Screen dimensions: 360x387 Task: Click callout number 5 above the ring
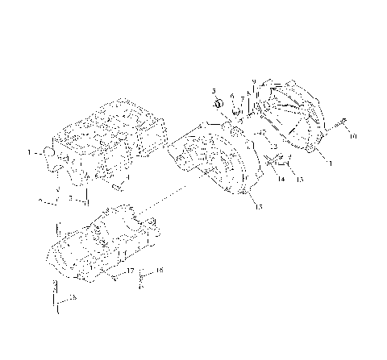214,92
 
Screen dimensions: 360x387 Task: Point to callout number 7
242,97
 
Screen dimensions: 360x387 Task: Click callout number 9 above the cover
252,81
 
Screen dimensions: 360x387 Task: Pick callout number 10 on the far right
352,137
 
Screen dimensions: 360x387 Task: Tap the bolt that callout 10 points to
342,122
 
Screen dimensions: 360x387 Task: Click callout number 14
281,180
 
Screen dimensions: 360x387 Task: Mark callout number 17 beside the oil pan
129,271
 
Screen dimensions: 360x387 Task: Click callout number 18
160,271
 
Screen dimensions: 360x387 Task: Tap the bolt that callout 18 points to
143,278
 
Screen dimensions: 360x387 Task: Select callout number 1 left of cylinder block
30,151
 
